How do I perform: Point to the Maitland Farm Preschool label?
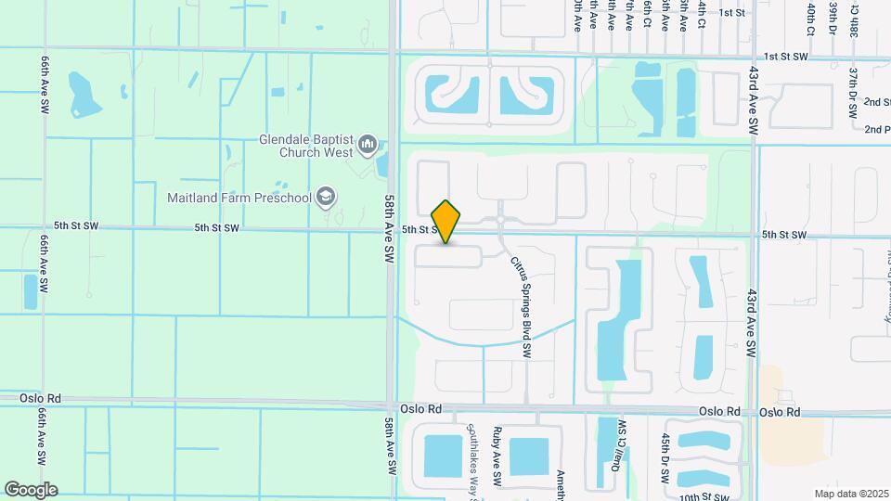pos(239,197)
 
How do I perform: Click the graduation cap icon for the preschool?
pos(325,197)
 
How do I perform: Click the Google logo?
pos(31,490)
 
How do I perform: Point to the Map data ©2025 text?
pos(850,494)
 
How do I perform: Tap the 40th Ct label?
pos(810,19)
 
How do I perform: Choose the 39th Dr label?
pos(833,19)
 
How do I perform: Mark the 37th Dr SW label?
pos(852,91)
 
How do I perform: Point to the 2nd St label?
pos(877,101)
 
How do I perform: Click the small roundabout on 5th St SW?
pos(500,220)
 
